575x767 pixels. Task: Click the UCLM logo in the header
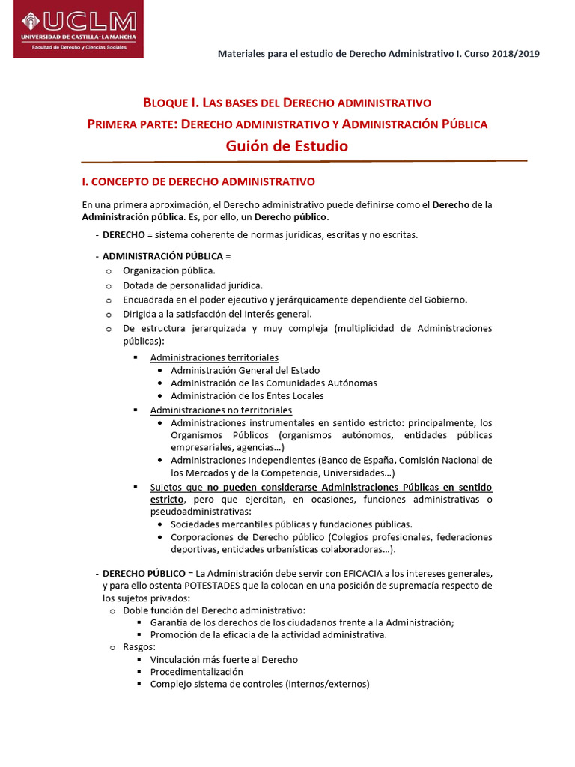pyautogui.click(x=78, y=30)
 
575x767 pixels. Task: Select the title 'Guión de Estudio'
pyautogui.click(x=287, y=146)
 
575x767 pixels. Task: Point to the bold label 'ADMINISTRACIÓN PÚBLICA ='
pyautogui.click(x=161, y=256)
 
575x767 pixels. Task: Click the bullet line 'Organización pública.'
pyautogui.click(x=169, y=270)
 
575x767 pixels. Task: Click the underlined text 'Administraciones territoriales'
pyautogui.click(x=214, y=357)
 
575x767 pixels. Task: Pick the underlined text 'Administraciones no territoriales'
pyautogui.click(x=221, y=410)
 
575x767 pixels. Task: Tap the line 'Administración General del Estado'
pyautogui.click(x=245, y=370)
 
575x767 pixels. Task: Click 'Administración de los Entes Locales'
pyautogui.click(x=247, y=395)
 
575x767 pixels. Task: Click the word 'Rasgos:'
pyautogui.click(x=139, y=646)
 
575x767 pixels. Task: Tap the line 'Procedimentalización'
pyautogui.click(x=196, y=672)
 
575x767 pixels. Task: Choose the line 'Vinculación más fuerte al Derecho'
pyautogui.click(x=224, y=659)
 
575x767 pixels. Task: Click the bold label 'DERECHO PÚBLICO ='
pyautogui.click(x=147, y=574)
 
